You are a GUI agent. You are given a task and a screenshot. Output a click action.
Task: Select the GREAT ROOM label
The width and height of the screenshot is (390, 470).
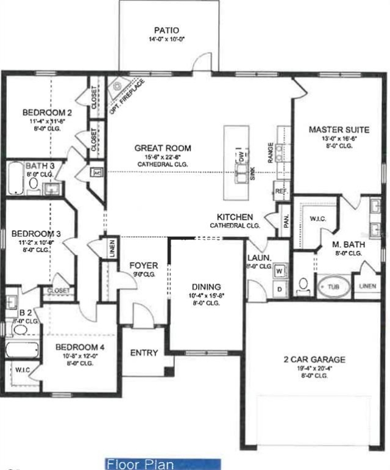pos(163,148)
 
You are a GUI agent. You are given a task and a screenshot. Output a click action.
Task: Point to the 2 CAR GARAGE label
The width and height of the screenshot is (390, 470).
pos(314,360)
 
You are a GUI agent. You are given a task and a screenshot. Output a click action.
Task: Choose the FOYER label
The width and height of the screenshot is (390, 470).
pos(144,266)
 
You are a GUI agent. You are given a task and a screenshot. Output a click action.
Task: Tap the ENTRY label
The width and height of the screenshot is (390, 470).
pos(144,353)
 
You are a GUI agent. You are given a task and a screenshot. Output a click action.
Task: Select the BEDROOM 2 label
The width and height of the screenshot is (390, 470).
pos(48,112)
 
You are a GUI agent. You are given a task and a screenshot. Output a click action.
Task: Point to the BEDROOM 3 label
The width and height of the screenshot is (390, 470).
pos(38,234)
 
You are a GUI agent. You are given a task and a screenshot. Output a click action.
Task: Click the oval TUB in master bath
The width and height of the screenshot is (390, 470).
pos(331,286)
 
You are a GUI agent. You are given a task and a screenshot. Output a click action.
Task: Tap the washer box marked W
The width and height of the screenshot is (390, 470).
pos(280,270)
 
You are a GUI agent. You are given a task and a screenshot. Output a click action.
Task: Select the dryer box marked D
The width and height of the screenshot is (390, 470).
pos(280,289)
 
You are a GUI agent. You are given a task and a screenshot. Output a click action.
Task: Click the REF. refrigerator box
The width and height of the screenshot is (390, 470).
pos(281,190)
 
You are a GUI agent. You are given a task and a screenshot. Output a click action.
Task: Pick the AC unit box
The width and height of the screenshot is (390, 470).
pos(96,172)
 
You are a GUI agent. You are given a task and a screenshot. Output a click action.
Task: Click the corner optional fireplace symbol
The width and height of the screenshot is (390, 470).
pos(116,89)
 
